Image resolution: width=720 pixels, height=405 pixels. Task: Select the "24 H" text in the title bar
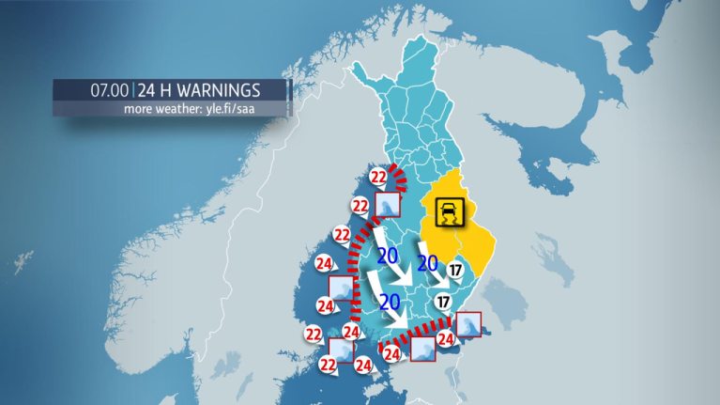click(156, 91)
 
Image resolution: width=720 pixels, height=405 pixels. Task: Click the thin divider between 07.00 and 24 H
click(134, 91)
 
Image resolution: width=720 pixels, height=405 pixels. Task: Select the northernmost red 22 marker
click(378, 176)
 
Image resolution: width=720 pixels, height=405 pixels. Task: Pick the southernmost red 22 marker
click(329, 364)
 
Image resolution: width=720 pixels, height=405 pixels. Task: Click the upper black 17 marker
click(456, 270)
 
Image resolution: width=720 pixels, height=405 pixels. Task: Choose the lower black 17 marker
click(443, 302)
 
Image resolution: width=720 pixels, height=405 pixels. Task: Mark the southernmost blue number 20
click(389, 302)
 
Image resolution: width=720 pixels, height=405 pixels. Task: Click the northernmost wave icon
click(388, 206)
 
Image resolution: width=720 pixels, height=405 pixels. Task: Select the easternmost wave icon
click(468, 325)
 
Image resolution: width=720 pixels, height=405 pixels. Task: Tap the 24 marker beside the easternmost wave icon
click(445, 339)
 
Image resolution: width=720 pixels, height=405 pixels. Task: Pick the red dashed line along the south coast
click(413, 335)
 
